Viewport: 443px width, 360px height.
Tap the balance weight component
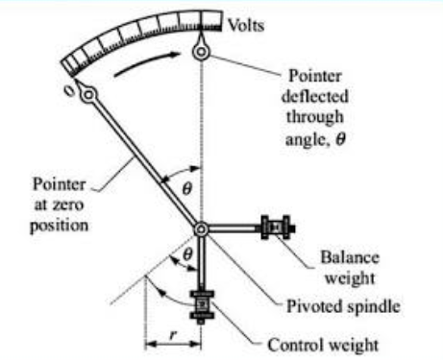pos(275,228)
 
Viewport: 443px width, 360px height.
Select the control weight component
pos(204,307)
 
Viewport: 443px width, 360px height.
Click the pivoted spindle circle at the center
pos(202,228)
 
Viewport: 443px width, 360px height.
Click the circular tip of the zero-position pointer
pos(89,95)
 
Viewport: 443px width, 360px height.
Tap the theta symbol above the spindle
pos(188,190)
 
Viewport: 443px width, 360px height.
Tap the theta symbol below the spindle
pos(188,254)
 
